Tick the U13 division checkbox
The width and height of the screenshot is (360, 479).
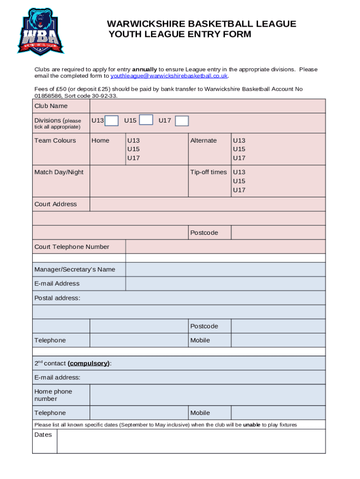tap(111, 121)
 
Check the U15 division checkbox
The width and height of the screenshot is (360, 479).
tap(146, 120)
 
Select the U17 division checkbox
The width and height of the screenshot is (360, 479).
tap(182, 121)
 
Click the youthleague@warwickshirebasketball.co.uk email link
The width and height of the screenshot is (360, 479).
tap(169, 76)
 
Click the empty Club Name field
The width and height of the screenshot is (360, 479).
tap(207, 106)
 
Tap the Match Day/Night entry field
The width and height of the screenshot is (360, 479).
tap(138, 181)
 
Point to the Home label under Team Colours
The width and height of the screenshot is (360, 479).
tap(101, 140)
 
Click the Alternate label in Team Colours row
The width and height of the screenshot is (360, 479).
tap(203, 140)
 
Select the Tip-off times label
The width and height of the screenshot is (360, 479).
tap(209, 172)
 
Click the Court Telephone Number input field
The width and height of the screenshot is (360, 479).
tap(225, 247)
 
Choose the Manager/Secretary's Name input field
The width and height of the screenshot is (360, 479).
tap(225, 269)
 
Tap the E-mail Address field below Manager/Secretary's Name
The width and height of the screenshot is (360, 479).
tap(225, 283)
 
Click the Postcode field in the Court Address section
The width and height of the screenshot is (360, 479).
tap(278, 232)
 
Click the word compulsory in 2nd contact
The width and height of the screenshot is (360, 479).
tap(89, 363)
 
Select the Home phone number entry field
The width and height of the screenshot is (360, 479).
tap(207, 395)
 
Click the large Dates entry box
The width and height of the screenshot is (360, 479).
tap(191, 441)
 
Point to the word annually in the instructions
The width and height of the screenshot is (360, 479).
tap(144, 69)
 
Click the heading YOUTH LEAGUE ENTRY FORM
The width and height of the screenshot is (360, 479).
tap(180, 34)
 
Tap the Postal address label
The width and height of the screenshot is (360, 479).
tap(57, 298)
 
